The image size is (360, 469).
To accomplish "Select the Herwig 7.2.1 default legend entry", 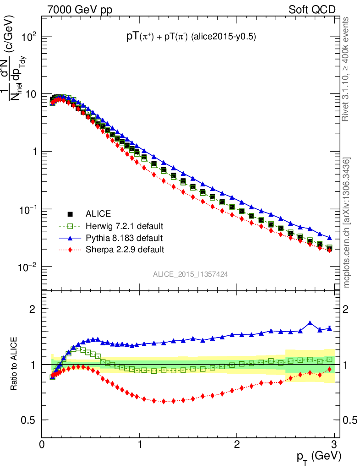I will tap(124, 226).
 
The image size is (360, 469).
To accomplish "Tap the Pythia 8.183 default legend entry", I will tap(124, 238).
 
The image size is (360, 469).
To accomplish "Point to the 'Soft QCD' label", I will tap(312, 10).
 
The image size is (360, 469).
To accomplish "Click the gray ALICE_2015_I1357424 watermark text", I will tap(191, 274).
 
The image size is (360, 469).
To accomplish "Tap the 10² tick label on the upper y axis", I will tap(27, 37).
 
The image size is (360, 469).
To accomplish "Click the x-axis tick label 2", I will tap(237, 445).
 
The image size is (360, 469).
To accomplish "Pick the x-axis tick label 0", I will tap(42, 445).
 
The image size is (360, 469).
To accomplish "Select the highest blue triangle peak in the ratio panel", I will tap(311, 323).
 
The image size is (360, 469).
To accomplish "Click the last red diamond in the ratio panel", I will tap(330, 369).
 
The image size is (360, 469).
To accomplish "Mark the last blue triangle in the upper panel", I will tap(330, 238).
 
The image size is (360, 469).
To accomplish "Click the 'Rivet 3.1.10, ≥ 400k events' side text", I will tap(346, 69).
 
